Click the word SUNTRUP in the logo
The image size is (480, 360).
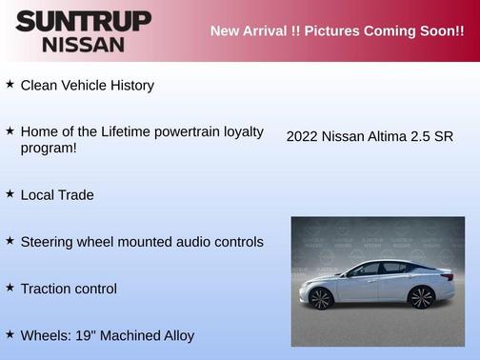[83, 20]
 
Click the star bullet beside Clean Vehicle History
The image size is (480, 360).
[10, 84]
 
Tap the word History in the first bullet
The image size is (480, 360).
[129, 85]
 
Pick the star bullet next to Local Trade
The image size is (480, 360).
[10, 193]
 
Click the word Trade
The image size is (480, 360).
[74, 194]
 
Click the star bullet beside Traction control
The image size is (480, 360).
[10, 287]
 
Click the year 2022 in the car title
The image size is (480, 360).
[302, 136]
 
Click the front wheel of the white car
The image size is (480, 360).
[321, 299]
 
